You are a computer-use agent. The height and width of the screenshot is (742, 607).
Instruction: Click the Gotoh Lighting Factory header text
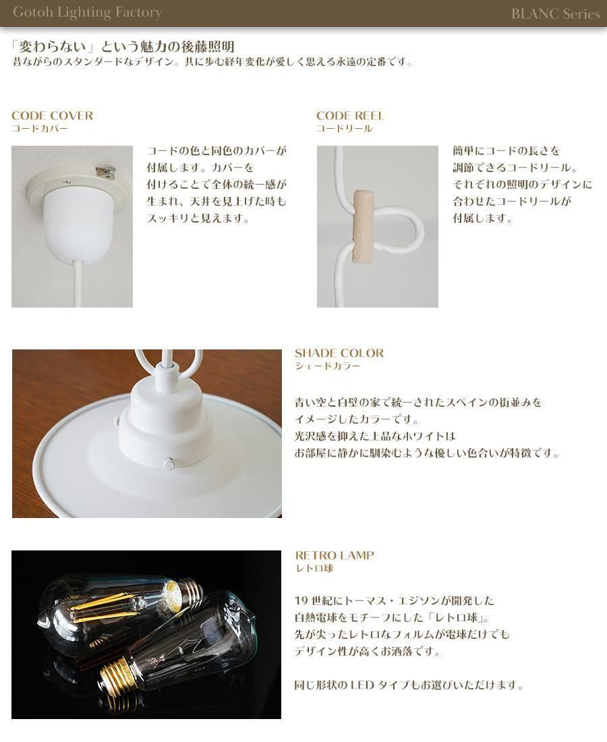(87, 12)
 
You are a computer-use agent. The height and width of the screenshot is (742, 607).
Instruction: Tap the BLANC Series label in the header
(556, 13)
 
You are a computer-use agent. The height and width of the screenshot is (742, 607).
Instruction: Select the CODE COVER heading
(52, 115)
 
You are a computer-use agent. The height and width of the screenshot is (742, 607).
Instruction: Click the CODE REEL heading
(350, 115)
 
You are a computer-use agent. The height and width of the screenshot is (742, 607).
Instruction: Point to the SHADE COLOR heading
(339, 353)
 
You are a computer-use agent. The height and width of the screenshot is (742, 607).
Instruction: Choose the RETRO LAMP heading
(335, 555)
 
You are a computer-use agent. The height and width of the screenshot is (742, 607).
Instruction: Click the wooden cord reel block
(363, 226)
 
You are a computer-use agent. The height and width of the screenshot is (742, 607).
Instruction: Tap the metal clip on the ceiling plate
(106, 171)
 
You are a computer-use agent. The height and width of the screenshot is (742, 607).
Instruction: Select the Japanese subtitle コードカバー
(40, 129)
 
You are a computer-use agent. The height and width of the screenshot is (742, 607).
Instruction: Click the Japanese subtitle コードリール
(345, 129)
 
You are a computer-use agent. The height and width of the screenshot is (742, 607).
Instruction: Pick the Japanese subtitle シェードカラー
(327, 366)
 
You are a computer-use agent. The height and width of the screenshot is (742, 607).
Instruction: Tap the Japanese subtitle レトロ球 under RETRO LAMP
(314, 569)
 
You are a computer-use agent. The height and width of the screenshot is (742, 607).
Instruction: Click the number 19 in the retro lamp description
(301, 601)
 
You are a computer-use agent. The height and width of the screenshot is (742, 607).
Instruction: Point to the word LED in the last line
(362, 685)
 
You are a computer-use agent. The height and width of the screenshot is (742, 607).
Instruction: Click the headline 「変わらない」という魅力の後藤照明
(123, 47)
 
